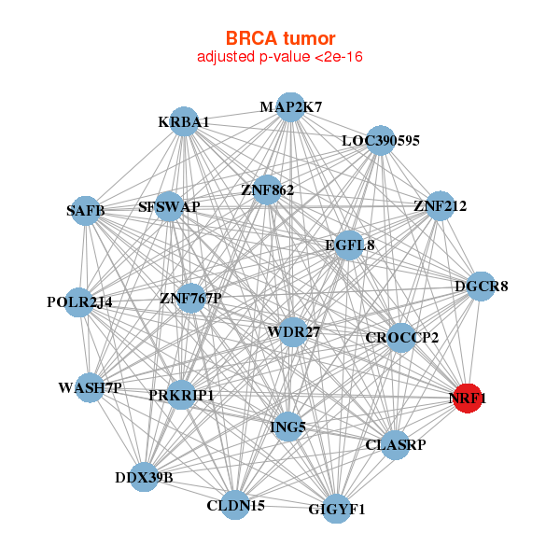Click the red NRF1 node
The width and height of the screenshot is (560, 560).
point(468,399)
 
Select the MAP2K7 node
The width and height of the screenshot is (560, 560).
point(291,107)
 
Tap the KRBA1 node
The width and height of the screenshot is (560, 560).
point(184,121)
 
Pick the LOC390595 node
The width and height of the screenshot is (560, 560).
point(381,140)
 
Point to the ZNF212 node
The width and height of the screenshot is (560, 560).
point(440,205)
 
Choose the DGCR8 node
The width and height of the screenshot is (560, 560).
point(481,287)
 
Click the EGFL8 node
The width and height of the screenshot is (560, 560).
point(349,245)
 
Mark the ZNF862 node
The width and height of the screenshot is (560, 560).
point(267,190)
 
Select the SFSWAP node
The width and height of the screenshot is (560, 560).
point(169,206)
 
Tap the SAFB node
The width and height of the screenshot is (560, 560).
point(86,211)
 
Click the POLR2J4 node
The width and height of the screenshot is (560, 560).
point(79,302)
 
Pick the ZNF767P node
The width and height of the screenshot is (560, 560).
point(190,299)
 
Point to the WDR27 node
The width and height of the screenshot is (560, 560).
point(293,332)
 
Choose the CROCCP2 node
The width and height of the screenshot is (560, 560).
point(401,338)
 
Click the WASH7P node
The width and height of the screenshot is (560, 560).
point(90,387)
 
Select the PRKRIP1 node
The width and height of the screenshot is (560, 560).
point(181,395)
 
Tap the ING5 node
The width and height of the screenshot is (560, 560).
point(287,427)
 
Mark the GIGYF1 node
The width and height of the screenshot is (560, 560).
point(337,509)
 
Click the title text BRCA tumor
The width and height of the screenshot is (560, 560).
point(280,38)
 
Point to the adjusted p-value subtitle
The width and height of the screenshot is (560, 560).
point(280,57)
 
